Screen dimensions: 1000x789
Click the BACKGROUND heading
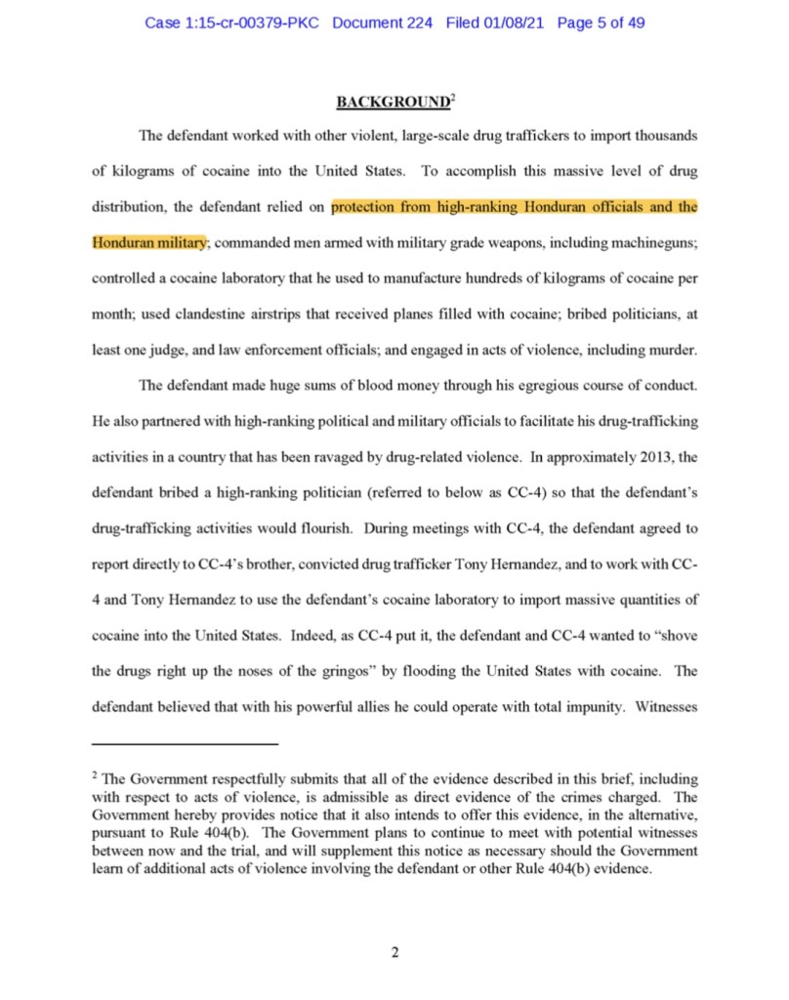coord(392,101)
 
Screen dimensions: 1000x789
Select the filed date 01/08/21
coord(517,22)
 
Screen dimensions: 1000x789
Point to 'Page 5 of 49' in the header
coord(601,22)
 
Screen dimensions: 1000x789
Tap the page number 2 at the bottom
coord(394,952)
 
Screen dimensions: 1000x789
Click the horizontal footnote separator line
coord(185,745)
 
